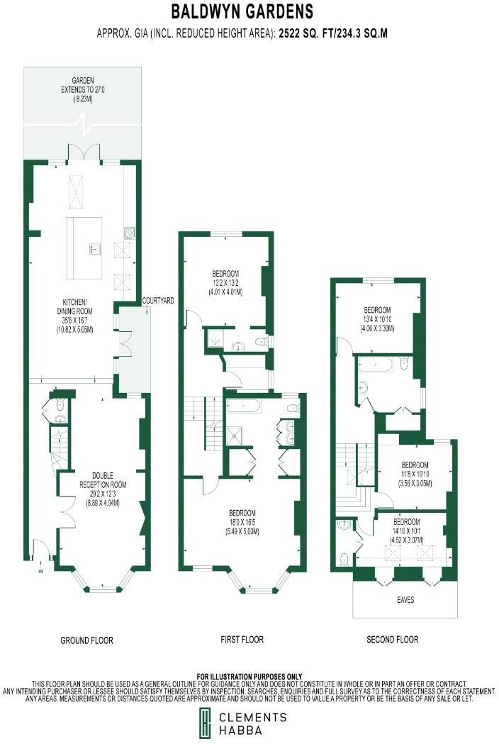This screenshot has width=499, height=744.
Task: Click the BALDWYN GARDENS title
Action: pyautogui.click(x=242, y=12)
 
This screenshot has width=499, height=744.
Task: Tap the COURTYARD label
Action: pyautogui.click(x=158, y=301)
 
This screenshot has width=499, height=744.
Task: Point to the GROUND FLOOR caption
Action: pyautogui.click(x=86, y=640)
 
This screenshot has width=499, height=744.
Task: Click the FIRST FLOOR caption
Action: pyautogui.click(x=242, y=640)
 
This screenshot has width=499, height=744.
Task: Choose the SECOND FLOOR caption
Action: pyautogui.click(x=392, y=640)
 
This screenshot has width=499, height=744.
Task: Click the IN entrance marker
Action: pyautogui.click(x=40, y=570)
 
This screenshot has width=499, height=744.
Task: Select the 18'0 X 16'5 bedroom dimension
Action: pyautogui.click(x=242, y=521)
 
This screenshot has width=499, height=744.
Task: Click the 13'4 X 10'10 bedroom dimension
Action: pyautogui.click(x=377, y=319)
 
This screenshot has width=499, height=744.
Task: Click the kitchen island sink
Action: pyautogui.click(x=93, y=248)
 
